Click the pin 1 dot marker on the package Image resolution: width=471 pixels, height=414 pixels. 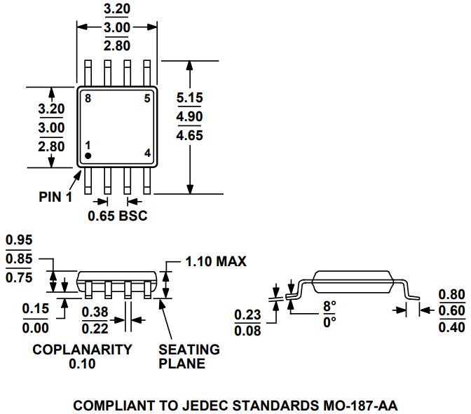(88, 155)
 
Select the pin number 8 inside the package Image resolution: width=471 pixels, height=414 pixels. (88, 99)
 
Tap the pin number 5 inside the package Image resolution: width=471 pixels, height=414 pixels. (147, 99)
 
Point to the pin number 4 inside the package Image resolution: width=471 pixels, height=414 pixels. (147, 153)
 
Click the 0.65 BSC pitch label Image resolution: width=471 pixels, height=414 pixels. (117, 216)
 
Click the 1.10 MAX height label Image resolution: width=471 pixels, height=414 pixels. (216, 261)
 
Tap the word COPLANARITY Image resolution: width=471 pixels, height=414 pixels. (82, 349)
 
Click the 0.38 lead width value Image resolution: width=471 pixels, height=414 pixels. (95, 312)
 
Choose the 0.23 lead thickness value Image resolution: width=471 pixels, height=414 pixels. (247, 315)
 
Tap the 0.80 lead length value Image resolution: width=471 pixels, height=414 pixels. (452, 295)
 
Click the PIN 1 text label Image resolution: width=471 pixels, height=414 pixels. (55, 197)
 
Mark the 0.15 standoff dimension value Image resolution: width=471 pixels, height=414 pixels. (35, 309)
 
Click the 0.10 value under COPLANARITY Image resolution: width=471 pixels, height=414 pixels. (82, 364)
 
